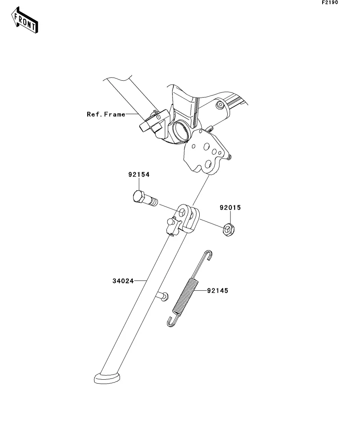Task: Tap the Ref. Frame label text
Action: pyautogui.click(x=106, y=115)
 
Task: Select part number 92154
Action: pyautogui.click(x=139, y=175)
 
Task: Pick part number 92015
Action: pyautogui.click(x=230, y=207)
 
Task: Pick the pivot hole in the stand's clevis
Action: pyautogui.click(x=182, y=213)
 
